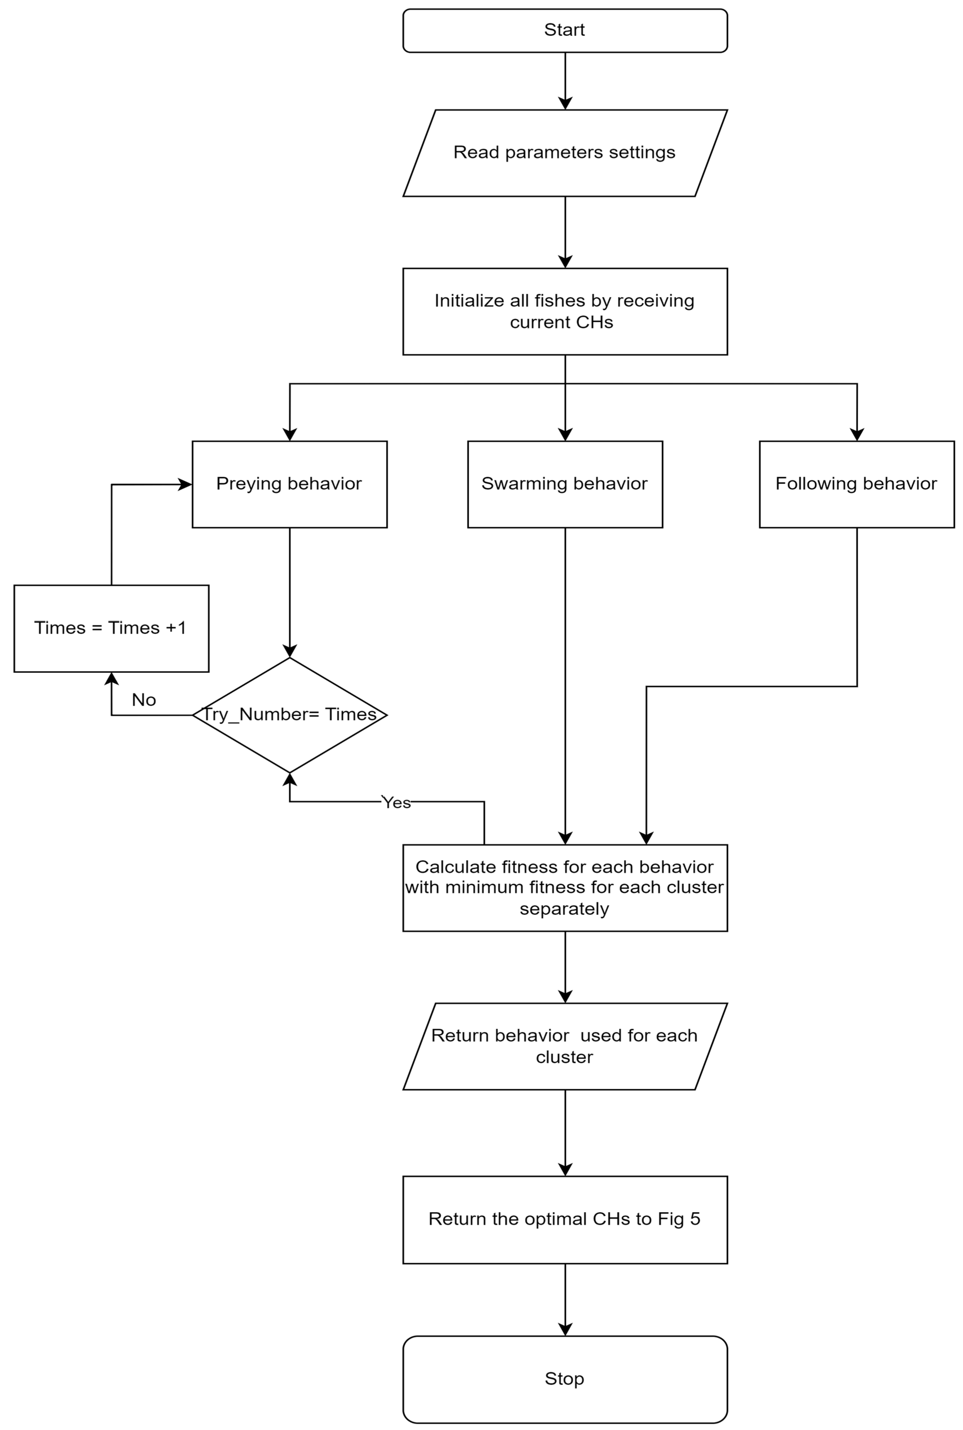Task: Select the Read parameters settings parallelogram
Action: tap(565, 153)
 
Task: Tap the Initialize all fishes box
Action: tap(565, 311)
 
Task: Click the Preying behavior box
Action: tap(289, 484)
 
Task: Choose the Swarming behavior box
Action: tap(565, 484)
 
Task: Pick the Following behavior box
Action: tap(857, 484)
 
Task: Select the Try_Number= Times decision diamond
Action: tap(289, 715)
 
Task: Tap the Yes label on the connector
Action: tap(396, 803)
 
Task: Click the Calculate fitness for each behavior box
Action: tap(565, 888)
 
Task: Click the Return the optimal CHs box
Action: tap(565, 1219)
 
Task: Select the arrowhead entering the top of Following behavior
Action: tap(857, 435)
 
